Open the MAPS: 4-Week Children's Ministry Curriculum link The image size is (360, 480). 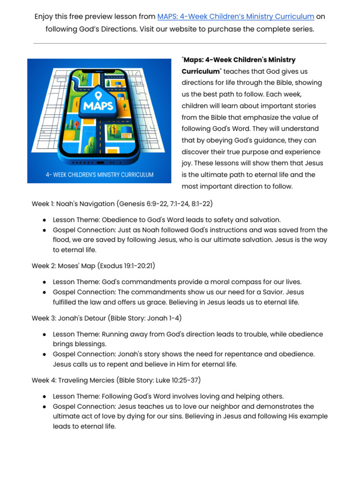(x=235, y=16)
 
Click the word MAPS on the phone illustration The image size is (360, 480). (x=98, y=105)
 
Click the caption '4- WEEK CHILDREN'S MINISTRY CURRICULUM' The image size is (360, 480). (x=99, y=175)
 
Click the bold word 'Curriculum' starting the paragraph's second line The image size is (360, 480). (x=201, y=71)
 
